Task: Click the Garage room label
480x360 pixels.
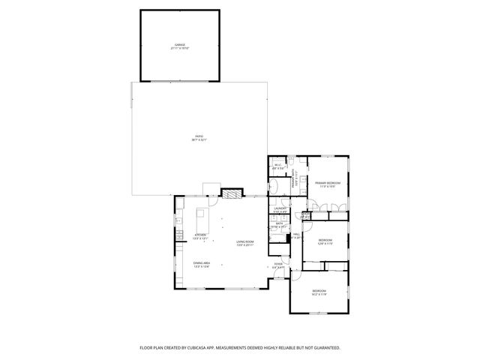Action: [x=180, y=46]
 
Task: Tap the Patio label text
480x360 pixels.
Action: [x=199, y=137]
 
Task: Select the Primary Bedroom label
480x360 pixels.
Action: [x=328, y=184]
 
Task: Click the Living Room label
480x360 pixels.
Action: [x=244, y=243]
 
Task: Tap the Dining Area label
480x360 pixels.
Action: [x=200, y=264]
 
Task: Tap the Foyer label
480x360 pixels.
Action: [x=278, y=265]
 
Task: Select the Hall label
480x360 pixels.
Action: [x=296, y=235]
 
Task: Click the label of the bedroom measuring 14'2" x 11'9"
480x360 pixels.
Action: [x=319, y=292]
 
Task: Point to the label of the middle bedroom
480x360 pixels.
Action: [x=325, y=241]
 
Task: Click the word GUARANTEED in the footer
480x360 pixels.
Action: [x=325, y=347]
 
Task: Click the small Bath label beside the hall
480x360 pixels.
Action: [x=279, y=224]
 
